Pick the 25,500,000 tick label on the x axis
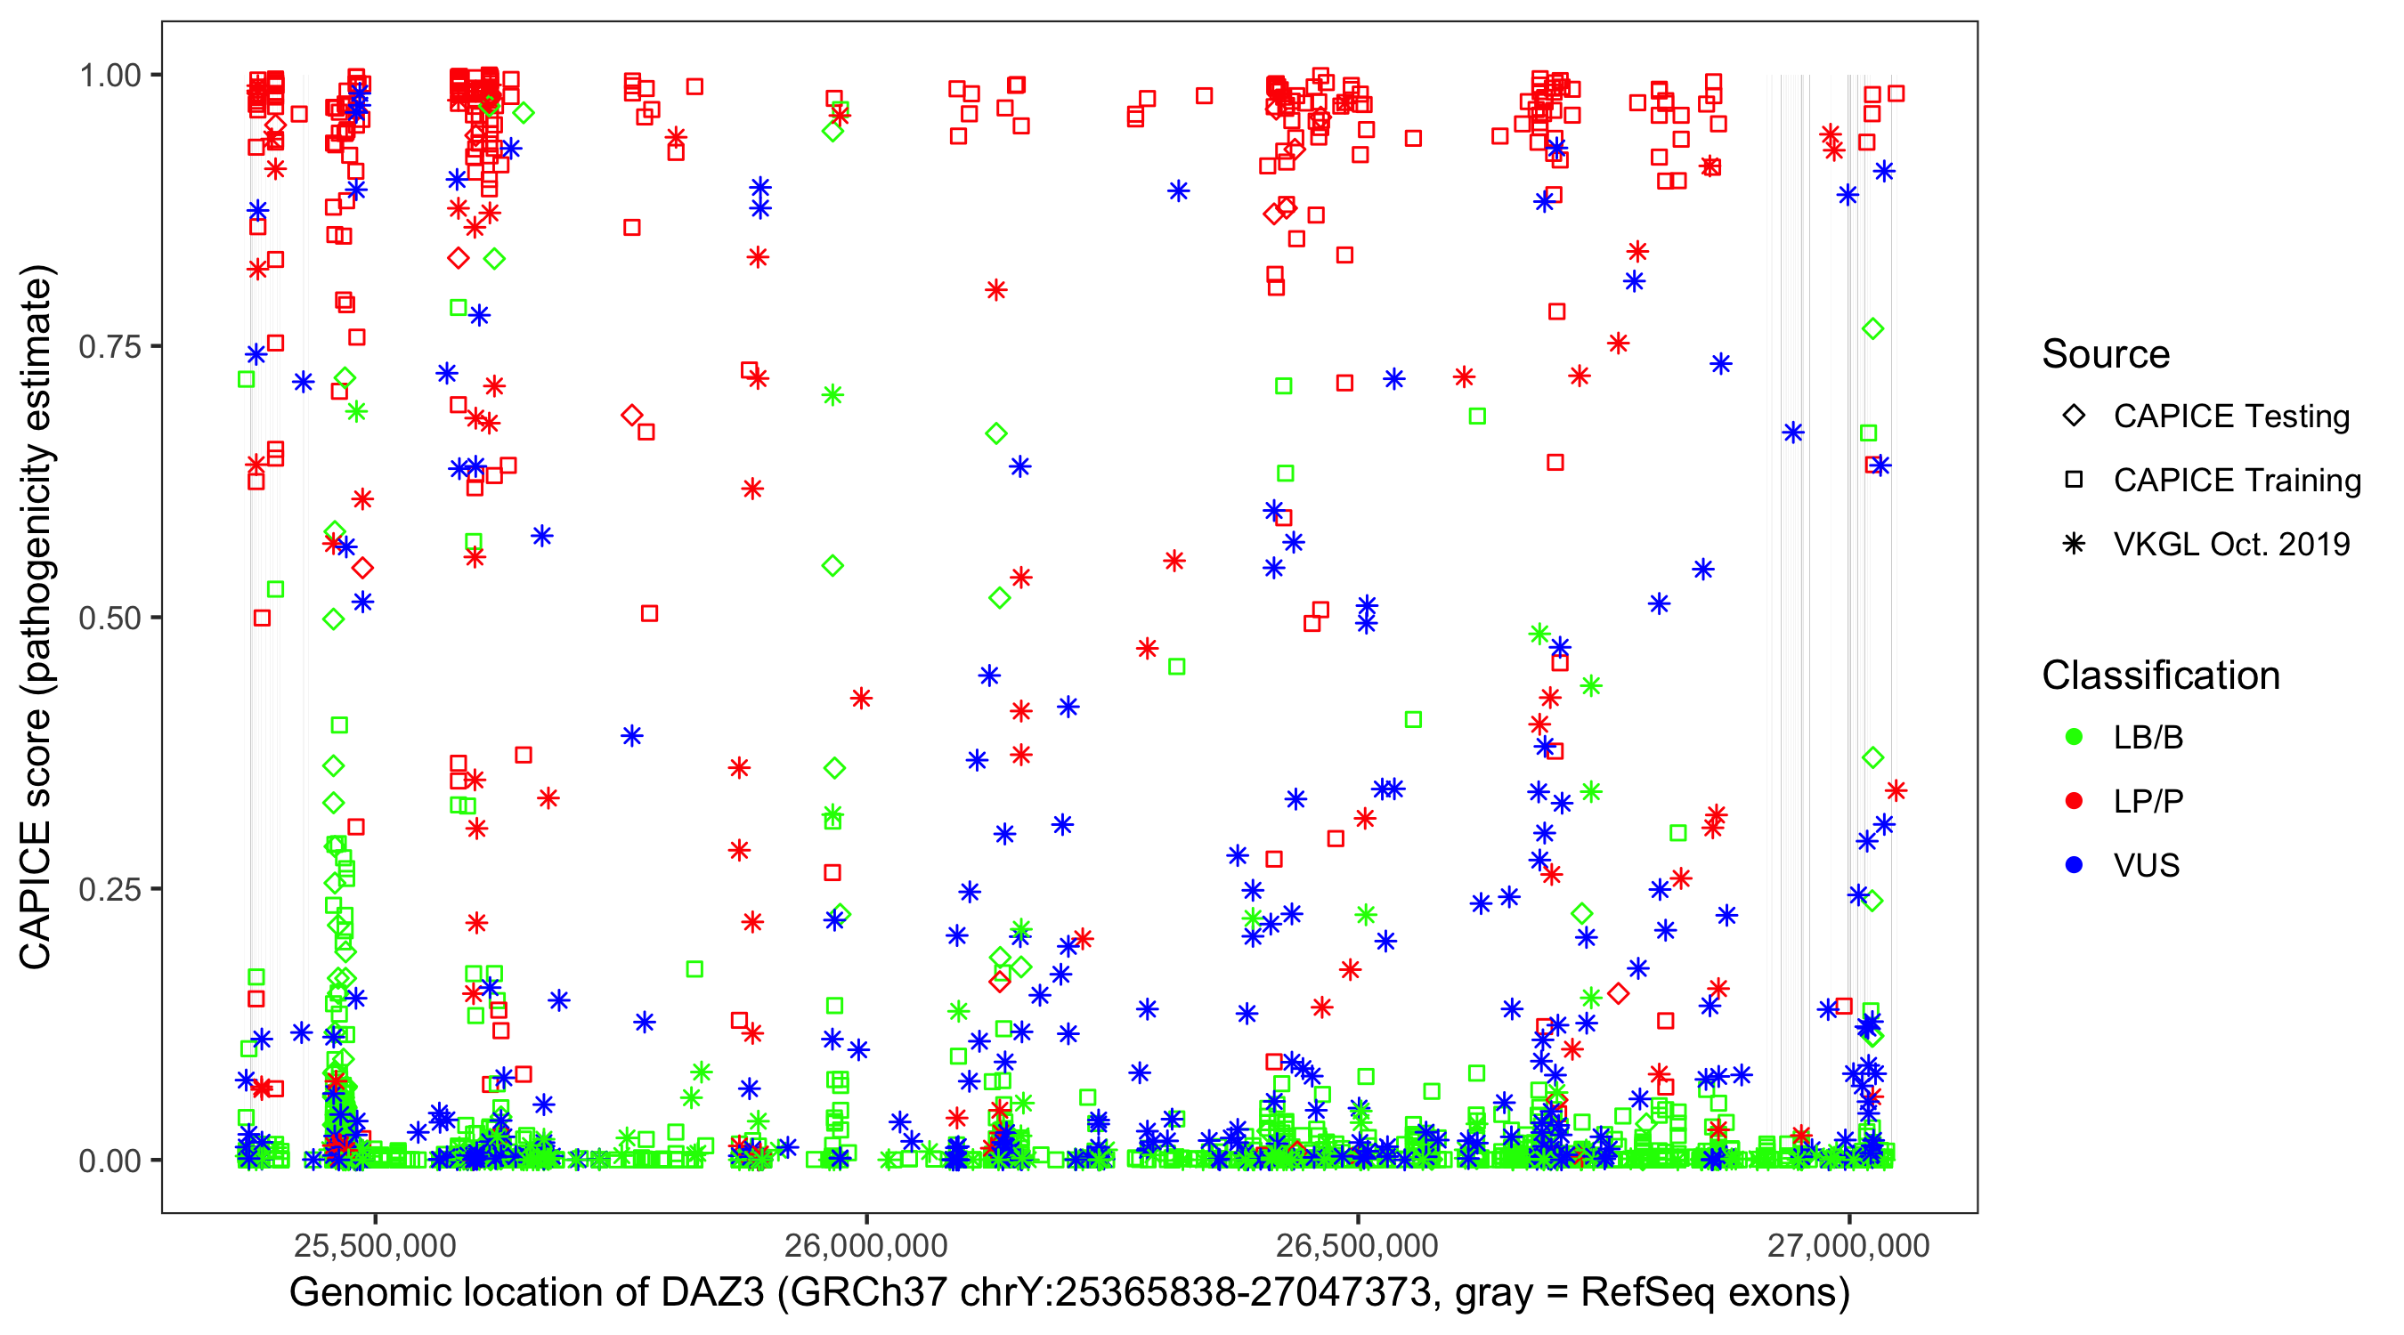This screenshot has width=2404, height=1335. [x=375, y=1245]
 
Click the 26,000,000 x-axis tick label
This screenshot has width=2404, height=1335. [x=866, y=1245]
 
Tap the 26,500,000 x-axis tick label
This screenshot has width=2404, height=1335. [x=1357, y=1245]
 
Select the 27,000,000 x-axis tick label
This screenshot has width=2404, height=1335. [x=1848, y=1245]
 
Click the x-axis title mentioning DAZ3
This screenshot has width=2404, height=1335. [x=1069, y=1293]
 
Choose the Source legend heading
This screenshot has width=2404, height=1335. [x=2106, y=354]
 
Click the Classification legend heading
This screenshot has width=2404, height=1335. [x=2160, y=676]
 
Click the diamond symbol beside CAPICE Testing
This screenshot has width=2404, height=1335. [x=2074, y=417]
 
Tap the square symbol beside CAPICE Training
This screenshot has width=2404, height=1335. [x=2074, y=481]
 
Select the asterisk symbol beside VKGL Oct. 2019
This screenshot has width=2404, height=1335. [x=2074, y=544]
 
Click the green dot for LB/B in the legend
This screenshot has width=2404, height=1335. [x=2074, y=737]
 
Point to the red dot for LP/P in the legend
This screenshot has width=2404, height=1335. [x=2074, y=801]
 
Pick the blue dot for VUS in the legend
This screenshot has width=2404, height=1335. [x=2074, y=866]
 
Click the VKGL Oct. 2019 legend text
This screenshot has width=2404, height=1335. [x=2231, y=544]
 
